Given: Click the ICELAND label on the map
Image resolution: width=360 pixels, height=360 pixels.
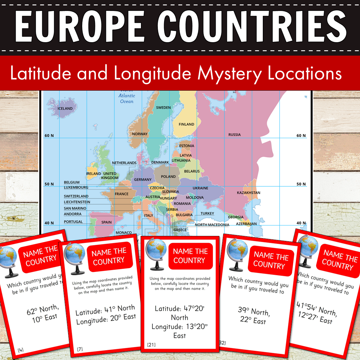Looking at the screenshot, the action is tap(65, 108).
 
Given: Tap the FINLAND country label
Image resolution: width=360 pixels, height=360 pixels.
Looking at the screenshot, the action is tap(186, 124).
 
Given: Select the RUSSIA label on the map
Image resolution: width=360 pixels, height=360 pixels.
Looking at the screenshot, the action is tap(234, 135).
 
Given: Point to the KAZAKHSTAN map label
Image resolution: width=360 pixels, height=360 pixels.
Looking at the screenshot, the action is tap(248, 193).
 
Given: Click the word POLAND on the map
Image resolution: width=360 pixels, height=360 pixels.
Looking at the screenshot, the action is tap(168, 177).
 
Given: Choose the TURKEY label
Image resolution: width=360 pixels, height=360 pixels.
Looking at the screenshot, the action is tap(207, 213).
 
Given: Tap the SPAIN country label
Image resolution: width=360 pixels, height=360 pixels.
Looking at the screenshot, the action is tap(106, 222).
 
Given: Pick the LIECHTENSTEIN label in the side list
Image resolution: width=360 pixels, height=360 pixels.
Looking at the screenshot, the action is tap(77, 202).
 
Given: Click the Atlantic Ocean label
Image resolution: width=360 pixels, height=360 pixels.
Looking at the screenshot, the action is tap(127, 98).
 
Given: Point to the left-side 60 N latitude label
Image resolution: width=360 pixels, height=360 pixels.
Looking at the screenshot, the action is tap(49, 136).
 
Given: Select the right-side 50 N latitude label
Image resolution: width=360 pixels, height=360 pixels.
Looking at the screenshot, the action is tap(301, 184).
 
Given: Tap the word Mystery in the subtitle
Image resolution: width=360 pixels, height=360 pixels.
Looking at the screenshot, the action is tap(230, 74).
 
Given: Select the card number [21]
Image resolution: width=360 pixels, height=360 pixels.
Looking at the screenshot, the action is tap(151, 345).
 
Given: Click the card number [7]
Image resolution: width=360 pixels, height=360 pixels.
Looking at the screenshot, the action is tap(80, 349).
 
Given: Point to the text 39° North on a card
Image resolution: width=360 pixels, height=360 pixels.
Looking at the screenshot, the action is tap(254, 311).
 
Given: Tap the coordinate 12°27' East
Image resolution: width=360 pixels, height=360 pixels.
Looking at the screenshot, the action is tap(315, 318).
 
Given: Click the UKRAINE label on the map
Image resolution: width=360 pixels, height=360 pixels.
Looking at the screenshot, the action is tap(200, 188).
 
